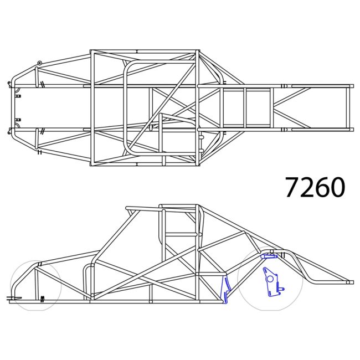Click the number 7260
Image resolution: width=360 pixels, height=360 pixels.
click(x=315, y=188)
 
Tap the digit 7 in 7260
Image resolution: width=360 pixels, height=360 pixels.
click(x=294, y=188)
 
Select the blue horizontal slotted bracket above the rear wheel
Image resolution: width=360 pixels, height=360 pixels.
click(x=270, y=256)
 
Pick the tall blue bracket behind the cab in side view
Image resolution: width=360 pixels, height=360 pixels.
click(x=226, y=290)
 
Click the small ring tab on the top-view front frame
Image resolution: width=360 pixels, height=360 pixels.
click(x=39, y=63)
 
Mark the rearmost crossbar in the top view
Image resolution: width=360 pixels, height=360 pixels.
click(x=350, y=108)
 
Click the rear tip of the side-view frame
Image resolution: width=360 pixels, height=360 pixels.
click(x=349, y=282)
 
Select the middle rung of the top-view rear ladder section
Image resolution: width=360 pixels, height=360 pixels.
click(x=245, y=108)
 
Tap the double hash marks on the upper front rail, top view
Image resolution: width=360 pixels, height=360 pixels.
click(x=42, y=85)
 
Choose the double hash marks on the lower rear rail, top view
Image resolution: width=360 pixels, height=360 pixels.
click(x=284, y=130)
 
